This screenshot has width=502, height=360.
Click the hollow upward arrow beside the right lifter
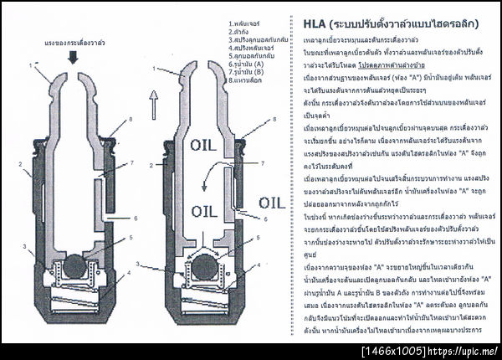[x=152, y=103]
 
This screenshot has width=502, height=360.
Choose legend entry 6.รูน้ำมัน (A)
[x=245, y=64]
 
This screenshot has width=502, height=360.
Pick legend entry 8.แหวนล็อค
[x=243, y=82]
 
